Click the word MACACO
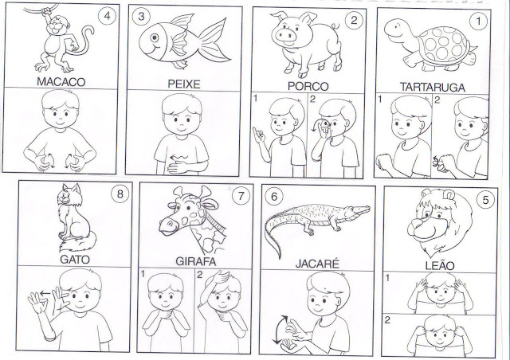[x=61, y=81]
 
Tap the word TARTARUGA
[x=432, y=87]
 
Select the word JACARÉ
[x=317, y=264]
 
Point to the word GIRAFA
[x=195, y=261]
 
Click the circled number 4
[x=108, y=16]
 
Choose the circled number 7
[x=241, y=196]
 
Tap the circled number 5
[x=485, y=200]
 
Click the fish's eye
[x=155, y=37]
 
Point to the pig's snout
[x=284, y=35]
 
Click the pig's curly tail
[x=336, y=25]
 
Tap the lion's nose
[x=415, y=225]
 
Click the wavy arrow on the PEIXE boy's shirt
[x=179, y=158]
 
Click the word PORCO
[x=308, y=87]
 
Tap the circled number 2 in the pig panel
[x=354, y=21]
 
